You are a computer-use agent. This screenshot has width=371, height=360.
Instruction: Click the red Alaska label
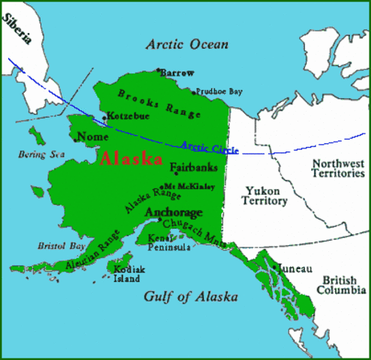[131, 159]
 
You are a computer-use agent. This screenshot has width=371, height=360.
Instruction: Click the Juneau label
[294, 267]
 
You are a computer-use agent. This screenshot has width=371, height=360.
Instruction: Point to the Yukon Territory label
[265, 196]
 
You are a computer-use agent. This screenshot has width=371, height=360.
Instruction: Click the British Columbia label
[340, 285]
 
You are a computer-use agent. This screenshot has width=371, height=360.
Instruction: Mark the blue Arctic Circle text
[209, 147]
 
